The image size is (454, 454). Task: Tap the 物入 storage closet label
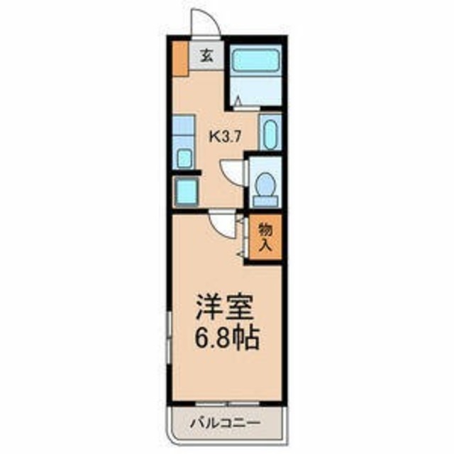(265, 238)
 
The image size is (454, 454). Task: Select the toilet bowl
(266, 186)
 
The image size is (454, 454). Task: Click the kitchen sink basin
(184, 157)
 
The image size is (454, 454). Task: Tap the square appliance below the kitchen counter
(186, 192)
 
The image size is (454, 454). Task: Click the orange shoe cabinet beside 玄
(179, 60)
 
